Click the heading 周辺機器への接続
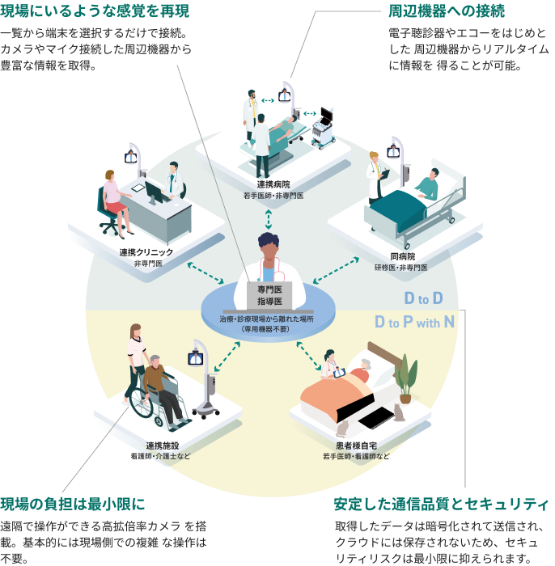(447, 11)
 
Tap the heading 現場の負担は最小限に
(73, 505)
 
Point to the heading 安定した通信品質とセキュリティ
(441, 505)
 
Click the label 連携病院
(273, 184)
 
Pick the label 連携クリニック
(146, 253)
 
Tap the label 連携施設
(162, 446)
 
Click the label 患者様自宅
(357, 446)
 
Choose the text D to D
(423, 297)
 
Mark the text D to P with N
(414, 323)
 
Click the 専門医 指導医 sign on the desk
(269, 295)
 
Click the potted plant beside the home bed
(406, 377)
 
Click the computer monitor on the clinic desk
(155, 189)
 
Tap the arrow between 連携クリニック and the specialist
(205, 272)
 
